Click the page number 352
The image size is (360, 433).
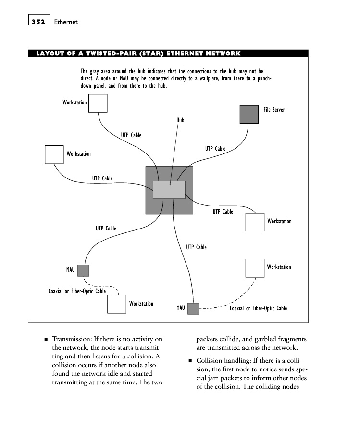coord(37,22)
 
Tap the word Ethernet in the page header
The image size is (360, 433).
coord(66,22)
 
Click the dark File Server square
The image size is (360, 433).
coord(249,114)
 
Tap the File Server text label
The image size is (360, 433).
coord(274,110)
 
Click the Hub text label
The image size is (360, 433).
coord(180,120)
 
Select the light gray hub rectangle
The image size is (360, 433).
coord(169,190)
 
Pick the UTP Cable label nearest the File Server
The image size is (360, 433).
coord(215,149)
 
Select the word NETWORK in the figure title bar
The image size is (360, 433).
coord(219,53)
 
